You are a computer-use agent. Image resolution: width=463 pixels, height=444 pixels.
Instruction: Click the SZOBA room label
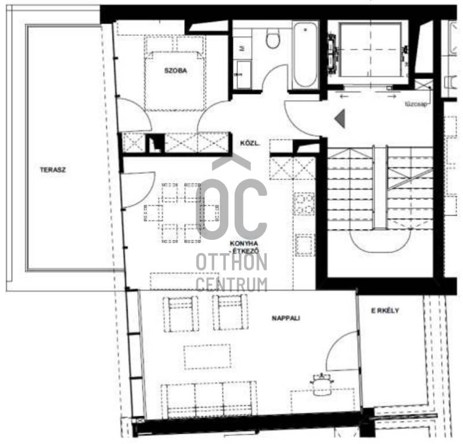point(175,71)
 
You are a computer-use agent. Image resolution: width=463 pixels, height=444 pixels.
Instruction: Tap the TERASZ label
point(53,169)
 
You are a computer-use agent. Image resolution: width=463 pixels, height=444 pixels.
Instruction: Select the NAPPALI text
point(285,318)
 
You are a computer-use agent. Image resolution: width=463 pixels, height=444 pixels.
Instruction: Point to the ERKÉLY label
point(385,310)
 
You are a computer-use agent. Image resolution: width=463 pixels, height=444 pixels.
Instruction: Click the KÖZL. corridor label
point(250,143)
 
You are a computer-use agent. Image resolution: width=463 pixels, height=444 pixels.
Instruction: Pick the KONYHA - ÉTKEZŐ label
point(244,247)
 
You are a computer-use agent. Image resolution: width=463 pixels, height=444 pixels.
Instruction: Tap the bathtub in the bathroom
point(305,55)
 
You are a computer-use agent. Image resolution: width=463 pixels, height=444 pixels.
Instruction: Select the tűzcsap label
point(416,104)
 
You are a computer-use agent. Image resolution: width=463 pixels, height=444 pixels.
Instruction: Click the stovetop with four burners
point(304,204)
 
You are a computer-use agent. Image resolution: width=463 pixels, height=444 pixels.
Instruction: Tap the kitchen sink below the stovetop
point(305,245)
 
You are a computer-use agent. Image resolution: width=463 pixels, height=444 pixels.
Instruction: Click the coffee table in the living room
point(207,357)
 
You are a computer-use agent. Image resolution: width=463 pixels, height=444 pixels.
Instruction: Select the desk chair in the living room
point(321,383)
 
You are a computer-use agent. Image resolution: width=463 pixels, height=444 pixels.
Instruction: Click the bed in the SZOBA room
point(175,74)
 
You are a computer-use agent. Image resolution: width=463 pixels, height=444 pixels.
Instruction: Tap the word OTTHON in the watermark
point(231,262)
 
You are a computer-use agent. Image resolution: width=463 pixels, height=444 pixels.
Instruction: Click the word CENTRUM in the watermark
point(231,284)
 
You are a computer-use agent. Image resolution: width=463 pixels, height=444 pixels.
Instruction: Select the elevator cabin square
point(371,50)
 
